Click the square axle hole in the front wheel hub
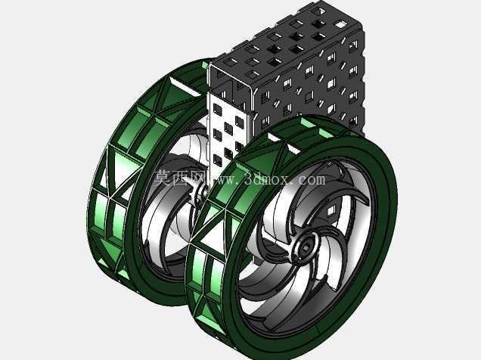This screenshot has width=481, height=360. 306,247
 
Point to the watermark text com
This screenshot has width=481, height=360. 312,179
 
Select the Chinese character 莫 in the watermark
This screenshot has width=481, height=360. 162,178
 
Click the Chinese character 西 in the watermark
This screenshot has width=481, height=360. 182,178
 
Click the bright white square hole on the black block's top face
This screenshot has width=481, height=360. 340,23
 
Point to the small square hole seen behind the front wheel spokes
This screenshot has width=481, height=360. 331,210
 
